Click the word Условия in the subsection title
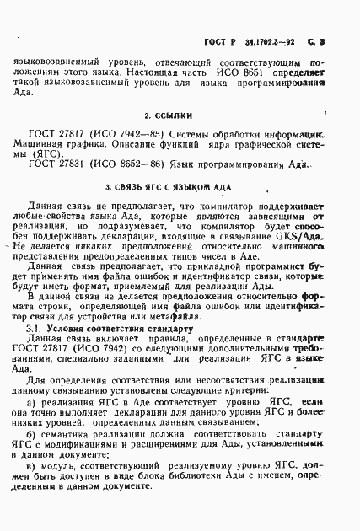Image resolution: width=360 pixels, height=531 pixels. [x=67, y=351]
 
